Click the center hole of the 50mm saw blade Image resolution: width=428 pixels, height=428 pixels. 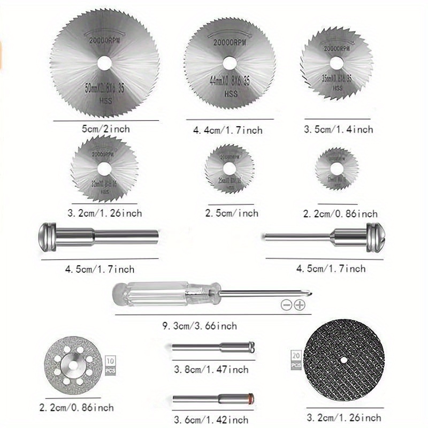pos(105,62)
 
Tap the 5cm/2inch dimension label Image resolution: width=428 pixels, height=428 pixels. pos(105,129)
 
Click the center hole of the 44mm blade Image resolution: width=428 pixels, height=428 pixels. pos(230,63)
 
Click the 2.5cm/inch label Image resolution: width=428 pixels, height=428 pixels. pos(232,213)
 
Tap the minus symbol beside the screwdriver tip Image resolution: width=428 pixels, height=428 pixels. pos(286,305)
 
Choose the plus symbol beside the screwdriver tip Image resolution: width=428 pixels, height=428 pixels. pos(299,305)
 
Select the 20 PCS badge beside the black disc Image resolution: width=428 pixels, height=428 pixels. pos(295,360)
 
